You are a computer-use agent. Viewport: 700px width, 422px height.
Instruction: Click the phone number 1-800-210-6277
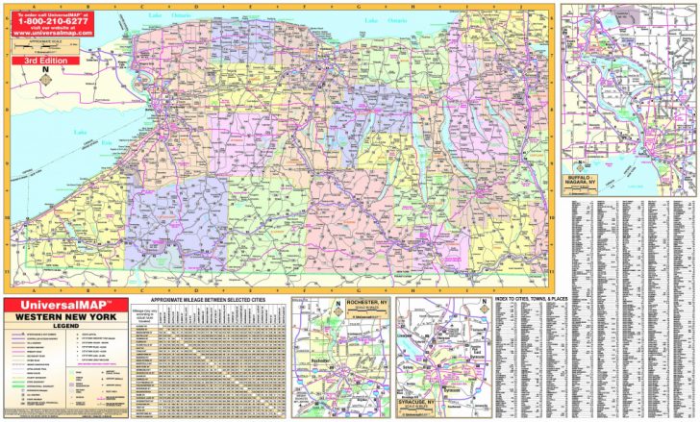54,25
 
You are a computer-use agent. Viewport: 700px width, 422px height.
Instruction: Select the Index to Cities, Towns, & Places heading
545,300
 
